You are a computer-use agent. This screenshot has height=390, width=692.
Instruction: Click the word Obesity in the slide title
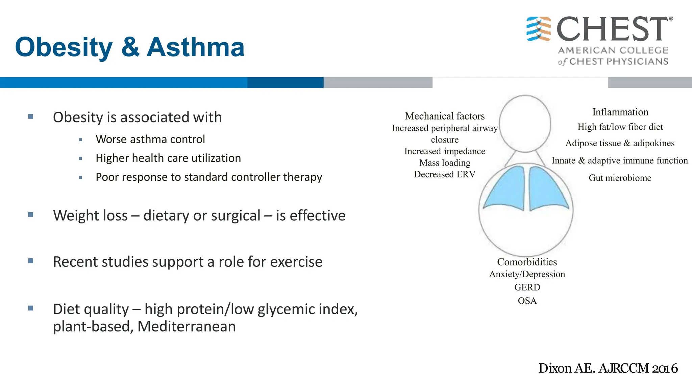click(64, 47)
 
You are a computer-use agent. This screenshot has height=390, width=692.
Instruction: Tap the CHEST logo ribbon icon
click(539, 29)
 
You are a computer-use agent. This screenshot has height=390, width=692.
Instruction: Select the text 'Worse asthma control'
click(150, 139)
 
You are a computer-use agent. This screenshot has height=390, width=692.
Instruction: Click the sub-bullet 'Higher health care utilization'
click(168, 158)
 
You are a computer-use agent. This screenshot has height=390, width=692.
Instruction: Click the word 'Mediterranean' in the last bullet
click(187, 326)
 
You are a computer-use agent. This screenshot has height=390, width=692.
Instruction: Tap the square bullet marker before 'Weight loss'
click(31, 215)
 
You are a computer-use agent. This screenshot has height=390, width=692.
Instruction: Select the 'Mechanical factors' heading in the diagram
click(445, 116)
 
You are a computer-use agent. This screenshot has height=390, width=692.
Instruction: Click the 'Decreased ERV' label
click(445, 174)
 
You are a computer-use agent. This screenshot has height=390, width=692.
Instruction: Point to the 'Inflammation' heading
click(620, 112)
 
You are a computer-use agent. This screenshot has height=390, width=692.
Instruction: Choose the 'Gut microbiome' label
click(620, 178)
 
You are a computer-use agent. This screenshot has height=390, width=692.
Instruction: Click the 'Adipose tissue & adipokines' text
click(620, 143)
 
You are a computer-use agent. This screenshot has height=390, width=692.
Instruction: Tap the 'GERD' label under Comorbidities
click(527, 287)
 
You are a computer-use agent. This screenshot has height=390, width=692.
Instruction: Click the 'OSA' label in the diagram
click(527, 301)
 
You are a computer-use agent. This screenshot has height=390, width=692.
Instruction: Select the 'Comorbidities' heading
click(527, 262)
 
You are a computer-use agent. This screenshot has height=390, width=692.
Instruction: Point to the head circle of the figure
click(525, 124)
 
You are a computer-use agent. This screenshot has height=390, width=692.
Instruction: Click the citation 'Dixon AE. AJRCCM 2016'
click(608, 368)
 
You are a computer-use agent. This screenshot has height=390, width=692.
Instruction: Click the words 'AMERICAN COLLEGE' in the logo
click(613, 50)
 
